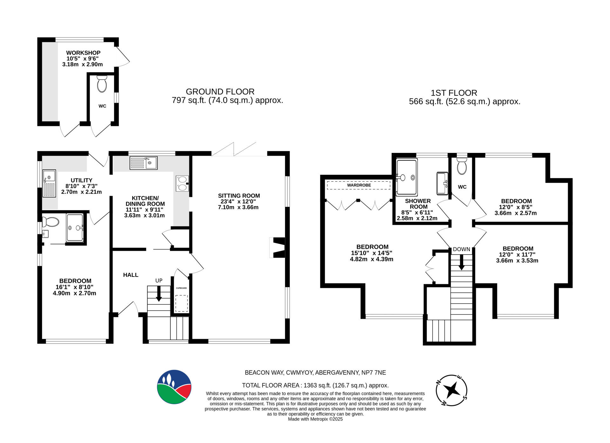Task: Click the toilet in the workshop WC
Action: (x=102, y=84)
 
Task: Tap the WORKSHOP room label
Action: (x=83, y=53)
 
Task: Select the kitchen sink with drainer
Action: (x=144, y=163)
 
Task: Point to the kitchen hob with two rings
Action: (x=182, y=183)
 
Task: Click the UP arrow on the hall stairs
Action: (x=159, y=294)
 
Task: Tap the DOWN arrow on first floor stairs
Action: (x=462, y=262)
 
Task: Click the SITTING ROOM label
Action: (x=239, y=196)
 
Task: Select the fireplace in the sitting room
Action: (x=277, y=247)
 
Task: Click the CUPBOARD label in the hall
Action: (x=181, y=288)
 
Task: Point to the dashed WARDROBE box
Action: (x=359, y=185)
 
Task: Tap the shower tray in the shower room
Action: (x=407, y=177)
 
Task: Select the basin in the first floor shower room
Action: (x=442, y=183)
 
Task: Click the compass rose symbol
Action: (x=451, y=390)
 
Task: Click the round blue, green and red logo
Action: (x=174, y=387)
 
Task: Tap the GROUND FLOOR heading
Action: (x=220, y=92)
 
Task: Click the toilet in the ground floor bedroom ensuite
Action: (x=51, y=221)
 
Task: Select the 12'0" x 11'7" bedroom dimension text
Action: (x=517, y=255)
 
